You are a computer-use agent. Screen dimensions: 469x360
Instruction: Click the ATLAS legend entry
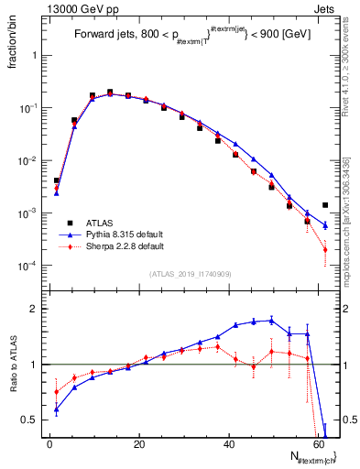99,223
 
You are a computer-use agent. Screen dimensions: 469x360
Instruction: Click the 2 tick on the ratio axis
35,309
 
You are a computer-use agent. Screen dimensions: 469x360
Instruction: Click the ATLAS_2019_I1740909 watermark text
190,274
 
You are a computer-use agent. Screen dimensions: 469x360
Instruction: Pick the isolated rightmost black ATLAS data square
325,205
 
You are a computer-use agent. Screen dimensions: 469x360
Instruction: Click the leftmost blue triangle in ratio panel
57,409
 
